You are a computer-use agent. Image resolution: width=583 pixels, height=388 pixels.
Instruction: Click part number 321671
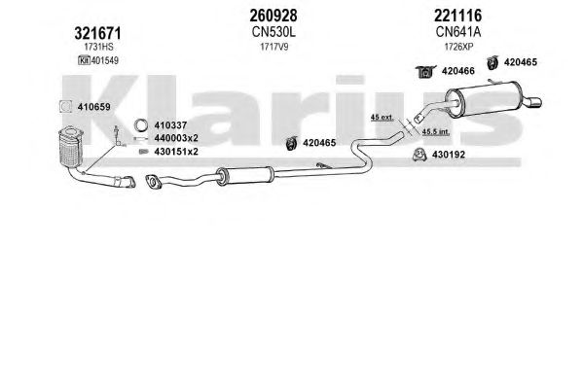97,33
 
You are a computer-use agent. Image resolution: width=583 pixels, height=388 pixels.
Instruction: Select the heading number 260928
273,16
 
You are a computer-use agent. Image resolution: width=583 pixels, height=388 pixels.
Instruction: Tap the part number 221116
457,16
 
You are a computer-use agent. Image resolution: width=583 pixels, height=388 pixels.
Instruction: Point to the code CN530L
273,32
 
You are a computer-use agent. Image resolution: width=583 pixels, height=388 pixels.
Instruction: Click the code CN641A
458,32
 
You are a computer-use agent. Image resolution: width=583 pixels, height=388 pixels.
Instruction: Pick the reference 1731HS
98,47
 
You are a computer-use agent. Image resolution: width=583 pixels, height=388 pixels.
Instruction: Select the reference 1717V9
274,47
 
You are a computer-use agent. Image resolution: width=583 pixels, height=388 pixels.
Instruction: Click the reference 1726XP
458,47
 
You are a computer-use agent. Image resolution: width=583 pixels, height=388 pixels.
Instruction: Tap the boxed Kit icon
84,60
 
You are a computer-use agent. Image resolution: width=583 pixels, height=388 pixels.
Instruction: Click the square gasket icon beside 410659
65,107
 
